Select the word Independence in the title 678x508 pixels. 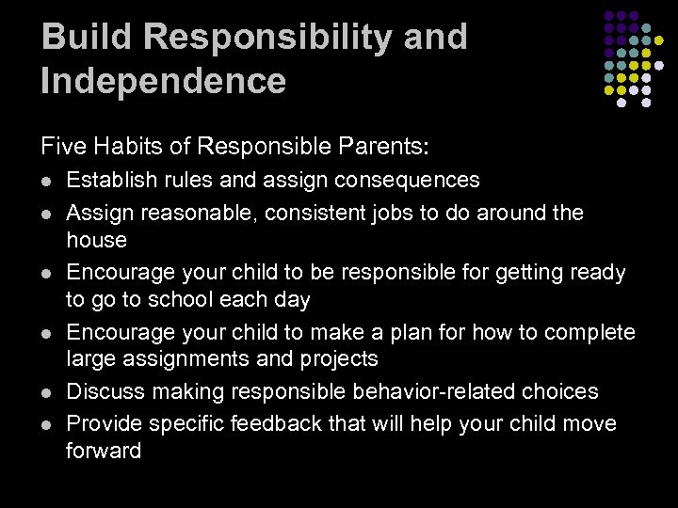(164, 80)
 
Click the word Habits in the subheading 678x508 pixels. (115, 146)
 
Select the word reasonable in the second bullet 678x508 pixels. (180, 214)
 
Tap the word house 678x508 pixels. (96, 240)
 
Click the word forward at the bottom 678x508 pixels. (104, 451)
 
